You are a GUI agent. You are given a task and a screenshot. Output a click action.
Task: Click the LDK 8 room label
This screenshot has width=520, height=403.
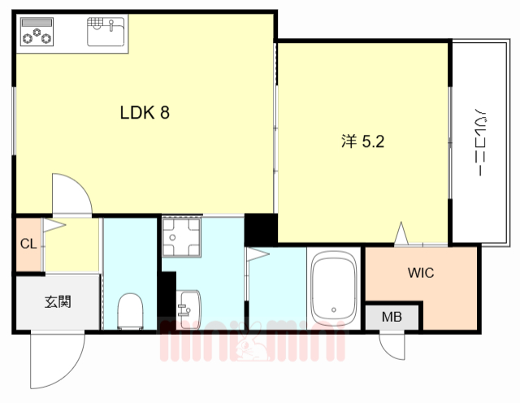click(x=145, y=113)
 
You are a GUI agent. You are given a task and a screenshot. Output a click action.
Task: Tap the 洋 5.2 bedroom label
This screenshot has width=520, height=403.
click(x=363, y=141)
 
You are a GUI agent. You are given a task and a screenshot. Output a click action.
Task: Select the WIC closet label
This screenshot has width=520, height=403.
click(x=421, y=273)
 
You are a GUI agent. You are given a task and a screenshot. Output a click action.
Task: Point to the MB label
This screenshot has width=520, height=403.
click(x=392, y=317)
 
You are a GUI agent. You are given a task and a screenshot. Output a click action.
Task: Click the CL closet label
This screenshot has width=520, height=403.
click(x=28, y=244)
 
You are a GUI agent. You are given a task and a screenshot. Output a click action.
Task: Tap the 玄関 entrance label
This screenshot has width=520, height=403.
click(x=58, y=302)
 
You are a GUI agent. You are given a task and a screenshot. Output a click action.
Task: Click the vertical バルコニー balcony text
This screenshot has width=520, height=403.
click(x=479, y=141)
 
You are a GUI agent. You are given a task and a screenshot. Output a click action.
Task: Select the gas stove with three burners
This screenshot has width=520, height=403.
click(x=37, y=32)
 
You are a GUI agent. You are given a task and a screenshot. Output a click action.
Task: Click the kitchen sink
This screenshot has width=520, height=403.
click(x=106, y=32)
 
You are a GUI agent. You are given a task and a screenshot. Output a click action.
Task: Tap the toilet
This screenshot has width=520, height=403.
click(x=130, y=311)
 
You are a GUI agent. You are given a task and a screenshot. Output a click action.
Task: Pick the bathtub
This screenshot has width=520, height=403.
click(x=334, y=288)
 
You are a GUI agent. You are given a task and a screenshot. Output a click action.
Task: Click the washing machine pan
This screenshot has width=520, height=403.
click(x=181, y=237)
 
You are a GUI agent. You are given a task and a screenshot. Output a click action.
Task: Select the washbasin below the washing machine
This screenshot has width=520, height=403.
click(x=188, y=310)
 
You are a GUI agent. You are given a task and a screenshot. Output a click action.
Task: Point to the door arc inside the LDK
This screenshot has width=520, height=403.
click(x=80, y=186)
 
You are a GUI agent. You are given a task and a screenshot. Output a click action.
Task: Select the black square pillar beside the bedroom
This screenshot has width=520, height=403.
click(x=261, y=230)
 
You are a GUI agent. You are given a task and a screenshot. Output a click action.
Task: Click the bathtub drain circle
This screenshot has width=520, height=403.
click(x=334, y=310)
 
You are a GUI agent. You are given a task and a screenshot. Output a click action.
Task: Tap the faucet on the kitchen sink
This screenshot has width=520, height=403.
click(x=111, y=25)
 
